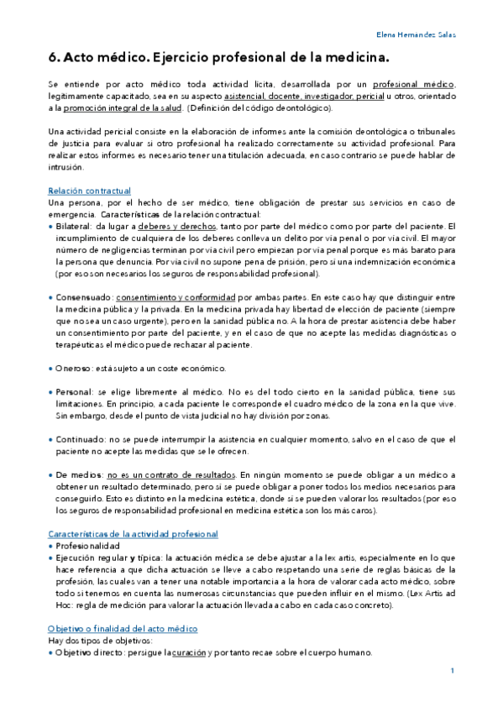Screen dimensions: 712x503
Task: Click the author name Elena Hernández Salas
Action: [x=415, y=34]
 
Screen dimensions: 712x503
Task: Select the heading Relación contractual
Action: [x=89, y=191]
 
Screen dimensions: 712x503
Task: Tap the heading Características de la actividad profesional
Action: [x=133, y=533]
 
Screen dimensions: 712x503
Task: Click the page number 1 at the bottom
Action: [x=452, y=671]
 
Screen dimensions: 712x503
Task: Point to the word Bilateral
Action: [x=74, y=227]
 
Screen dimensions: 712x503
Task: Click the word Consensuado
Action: [x=83, y=297]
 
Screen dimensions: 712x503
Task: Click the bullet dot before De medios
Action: [x=50, y=475]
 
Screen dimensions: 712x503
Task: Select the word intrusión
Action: [x=68, y=167]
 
